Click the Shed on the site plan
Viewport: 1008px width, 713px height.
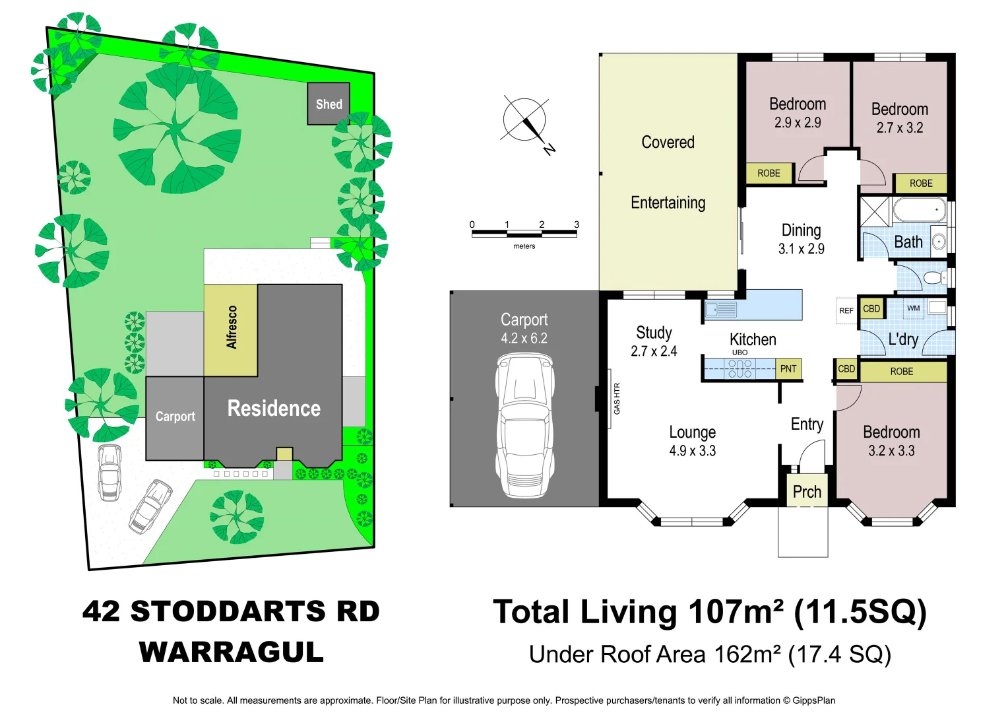pyautogui.click(x=329, y=104)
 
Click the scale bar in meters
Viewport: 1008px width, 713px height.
pyautogui.click(x=524, y=232)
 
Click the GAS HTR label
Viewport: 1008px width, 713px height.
pyautogui.click(x=617, y=399)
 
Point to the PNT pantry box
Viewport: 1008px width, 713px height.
pyautogui.click(x=788, y=369)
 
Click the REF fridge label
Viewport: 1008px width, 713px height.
pyautogui.click(x=846, y=310)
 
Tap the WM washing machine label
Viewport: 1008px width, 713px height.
pyautogui.click(x=913, y=308)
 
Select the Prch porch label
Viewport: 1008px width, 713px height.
pyautogui.click(x=807, y=492)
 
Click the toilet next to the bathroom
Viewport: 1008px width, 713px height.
pyautogui.click(x=933, y=277)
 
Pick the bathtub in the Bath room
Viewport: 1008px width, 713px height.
pyautogui.click(x=919, y=210)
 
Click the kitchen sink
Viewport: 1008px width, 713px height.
pyautogui.click(x=720, y=309)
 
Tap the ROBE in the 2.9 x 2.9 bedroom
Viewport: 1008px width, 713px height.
pyautogui.click(x=769, y=173)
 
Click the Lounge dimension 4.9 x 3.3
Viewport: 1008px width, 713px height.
pyautogui.click(x=692, y=451)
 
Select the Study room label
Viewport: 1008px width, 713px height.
pyautogui.click(x=654, y=333)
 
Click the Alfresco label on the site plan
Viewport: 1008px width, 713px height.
pyautogui.click(x=232, y=327)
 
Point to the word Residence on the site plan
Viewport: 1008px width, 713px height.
pyautogui.click(x=274, y=409)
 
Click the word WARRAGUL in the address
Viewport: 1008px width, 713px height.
pyautogui.click(x=231, y=652)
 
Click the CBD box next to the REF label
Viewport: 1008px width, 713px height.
pyautogui.click(x=871, y=309)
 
